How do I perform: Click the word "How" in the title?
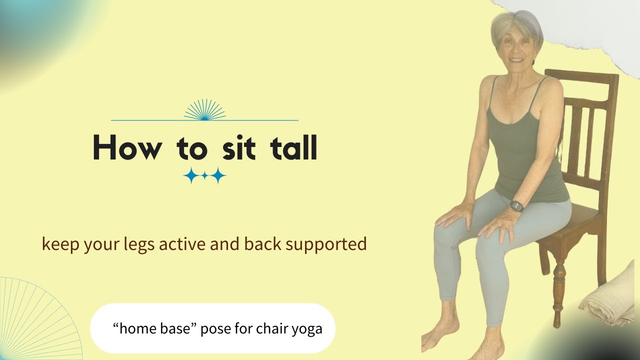point(127,147)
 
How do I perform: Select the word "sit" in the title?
point(239,147)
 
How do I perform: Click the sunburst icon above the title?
point(204,110)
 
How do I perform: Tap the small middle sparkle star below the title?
point(204,176)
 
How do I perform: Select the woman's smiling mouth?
point(516,60)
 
